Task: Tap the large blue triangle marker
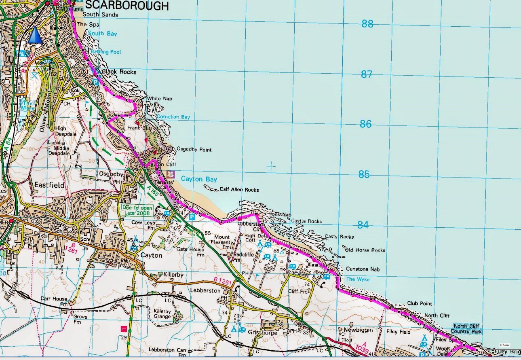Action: point(35,35)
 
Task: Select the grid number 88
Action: point(367,24)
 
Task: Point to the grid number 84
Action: point(363,225)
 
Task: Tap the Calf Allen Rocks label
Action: point(239,189)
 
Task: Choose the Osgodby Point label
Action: point(194,150)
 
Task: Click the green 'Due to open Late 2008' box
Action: point(137,210)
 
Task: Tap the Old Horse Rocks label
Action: point(365,250)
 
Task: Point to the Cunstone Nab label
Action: point(363,269)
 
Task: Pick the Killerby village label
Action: point(173,275)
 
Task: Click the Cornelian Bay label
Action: point(173,117)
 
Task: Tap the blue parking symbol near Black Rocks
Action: point(95,81)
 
